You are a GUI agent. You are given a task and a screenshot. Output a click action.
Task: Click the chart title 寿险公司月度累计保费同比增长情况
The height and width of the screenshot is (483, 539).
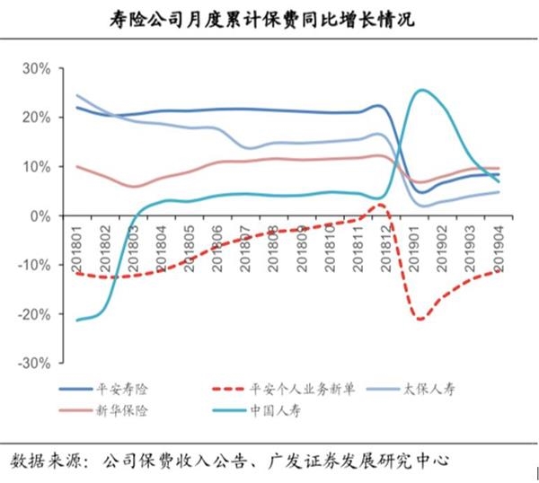click(x=269, y=18)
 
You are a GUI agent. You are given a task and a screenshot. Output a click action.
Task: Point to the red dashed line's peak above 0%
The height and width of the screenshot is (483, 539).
click(x=380, y=205)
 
